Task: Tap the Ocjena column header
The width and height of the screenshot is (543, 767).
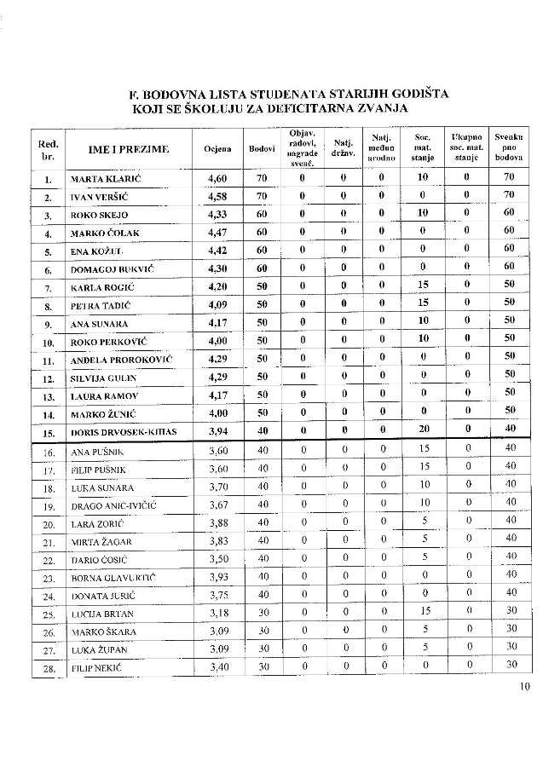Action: [x=217, y=149]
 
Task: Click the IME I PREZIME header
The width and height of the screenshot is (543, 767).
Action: [x=129, y=149]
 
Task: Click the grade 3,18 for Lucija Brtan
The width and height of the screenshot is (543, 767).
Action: [x=220, y=613]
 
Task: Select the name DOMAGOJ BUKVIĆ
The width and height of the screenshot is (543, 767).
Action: [x=113, y=269]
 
